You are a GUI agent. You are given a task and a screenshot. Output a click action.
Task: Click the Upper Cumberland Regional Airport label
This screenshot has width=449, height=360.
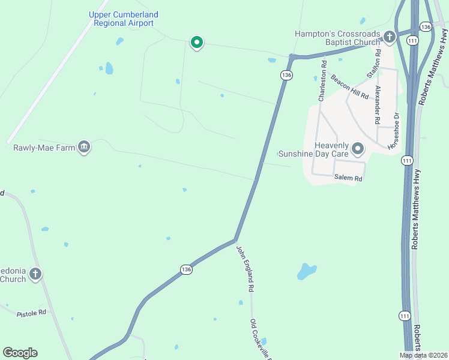[124, 19]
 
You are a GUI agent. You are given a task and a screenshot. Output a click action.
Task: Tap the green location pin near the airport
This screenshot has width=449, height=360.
[196, 43]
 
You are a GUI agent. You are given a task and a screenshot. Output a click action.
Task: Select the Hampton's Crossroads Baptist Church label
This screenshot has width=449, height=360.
[337, 38]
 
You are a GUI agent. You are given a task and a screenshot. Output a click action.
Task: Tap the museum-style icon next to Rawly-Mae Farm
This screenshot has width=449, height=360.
[84, 147]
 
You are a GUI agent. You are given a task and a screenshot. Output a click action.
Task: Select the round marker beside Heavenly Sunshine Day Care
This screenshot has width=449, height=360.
[358, 148]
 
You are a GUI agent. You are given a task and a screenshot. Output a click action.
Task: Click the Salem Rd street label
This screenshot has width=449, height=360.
[349, 178]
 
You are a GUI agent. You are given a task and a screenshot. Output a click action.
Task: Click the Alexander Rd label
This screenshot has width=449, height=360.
[378, 104]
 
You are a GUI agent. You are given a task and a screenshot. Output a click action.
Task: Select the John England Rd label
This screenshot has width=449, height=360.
[244, 268]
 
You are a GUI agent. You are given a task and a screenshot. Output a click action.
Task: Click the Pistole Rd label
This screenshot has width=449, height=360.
[31, 313]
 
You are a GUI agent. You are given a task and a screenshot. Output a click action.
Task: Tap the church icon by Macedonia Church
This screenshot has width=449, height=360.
[35, 274]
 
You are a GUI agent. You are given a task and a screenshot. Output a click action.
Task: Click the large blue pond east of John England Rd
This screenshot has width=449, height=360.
[306, 272]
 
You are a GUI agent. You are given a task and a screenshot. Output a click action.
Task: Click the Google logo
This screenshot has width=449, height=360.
[20, 353]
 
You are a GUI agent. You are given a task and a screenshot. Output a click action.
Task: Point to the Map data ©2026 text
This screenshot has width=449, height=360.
[423, 355]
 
